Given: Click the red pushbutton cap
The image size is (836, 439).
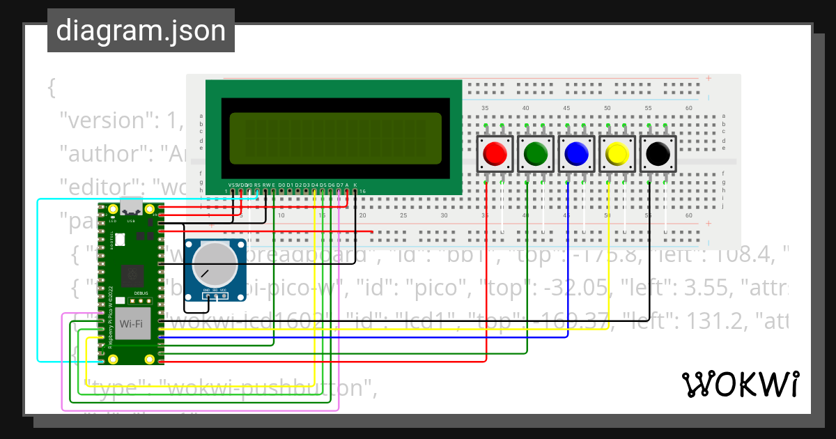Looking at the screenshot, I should coord(495,153).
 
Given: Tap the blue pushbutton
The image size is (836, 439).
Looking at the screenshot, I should coord(576,153).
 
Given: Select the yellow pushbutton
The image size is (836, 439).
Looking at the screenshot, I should coord(617,153).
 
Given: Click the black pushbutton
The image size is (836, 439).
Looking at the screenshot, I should coord(658,153).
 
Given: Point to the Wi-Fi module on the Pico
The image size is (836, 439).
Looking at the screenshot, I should coord(133,323).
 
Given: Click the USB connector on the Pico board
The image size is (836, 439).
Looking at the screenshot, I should coord(130,207).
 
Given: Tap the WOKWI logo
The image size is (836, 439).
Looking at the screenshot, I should coord(740,384).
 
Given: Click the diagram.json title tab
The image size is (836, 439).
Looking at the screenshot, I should coord(141,31).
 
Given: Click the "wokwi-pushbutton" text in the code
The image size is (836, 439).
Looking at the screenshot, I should coord(230,388).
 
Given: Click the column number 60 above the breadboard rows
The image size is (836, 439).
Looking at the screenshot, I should coord(689,108).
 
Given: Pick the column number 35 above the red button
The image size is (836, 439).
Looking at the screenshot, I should coord(485,108).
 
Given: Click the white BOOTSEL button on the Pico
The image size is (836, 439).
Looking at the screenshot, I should coord(119,240).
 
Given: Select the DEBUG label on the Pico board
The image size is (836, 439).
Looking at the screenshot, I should coord(141,293).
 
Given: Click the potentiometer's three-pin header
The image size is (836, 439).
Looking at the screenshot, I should coord(216,295).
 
